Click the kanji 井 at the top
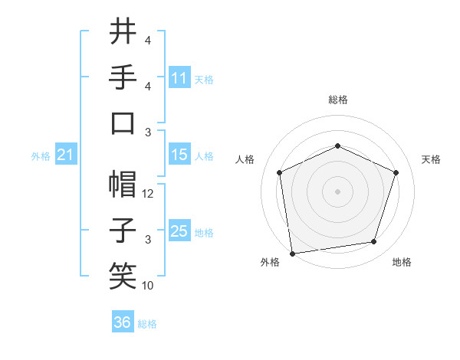point(123,32)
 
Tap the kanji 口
point(123,123)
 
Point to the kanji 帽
point(123,184)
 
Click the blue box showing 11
point(179,77)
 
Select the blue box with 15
point(179,155)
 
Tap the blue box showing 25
point(179,231)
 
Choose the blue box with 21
point(65,155)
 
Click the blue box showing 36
point(122,322)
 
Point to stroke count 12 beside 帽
point(149,194)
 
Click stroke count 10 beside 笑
point(148,286)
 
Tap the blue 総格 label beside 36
point(147,324)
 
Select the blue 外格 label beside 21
point(41,156)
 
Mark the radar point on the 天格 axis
point(396,172)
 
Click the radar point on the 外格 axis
point(292,253)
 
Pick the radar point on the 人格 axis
point(279,172)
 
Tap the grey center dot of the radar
point(337,191)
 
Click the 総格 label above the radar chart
point(337,100)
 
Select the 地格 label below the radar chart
point(402,262)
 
